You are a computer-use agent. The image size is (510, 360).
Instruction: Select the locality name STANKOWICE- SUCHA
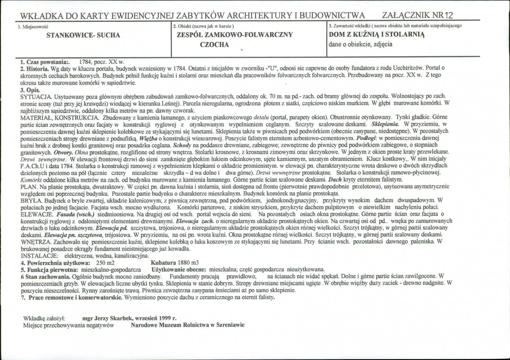pos(83,35)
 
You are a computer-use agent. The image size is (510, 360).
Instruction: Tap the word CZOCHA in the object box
pos(215,44)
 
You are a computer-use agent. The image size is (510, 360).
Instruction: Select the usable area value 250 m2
pos(106,263)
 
